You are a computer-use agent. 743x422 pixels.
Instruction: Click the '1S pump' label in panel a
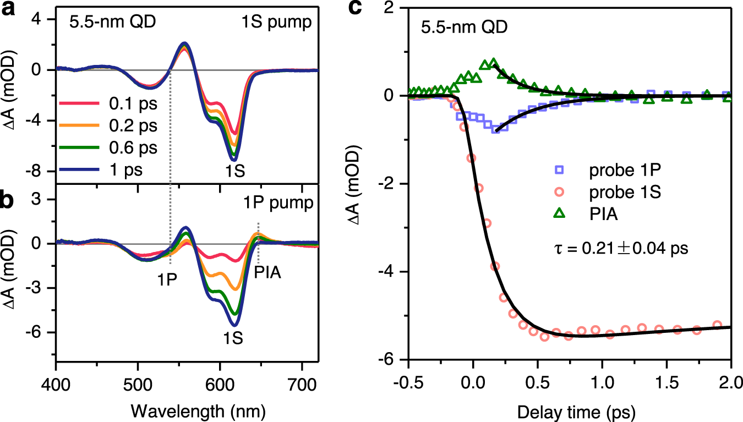[x=282, y=24]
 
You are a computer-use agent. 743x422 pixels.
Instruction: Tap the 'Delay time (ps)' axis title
[x=569, y=410]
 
